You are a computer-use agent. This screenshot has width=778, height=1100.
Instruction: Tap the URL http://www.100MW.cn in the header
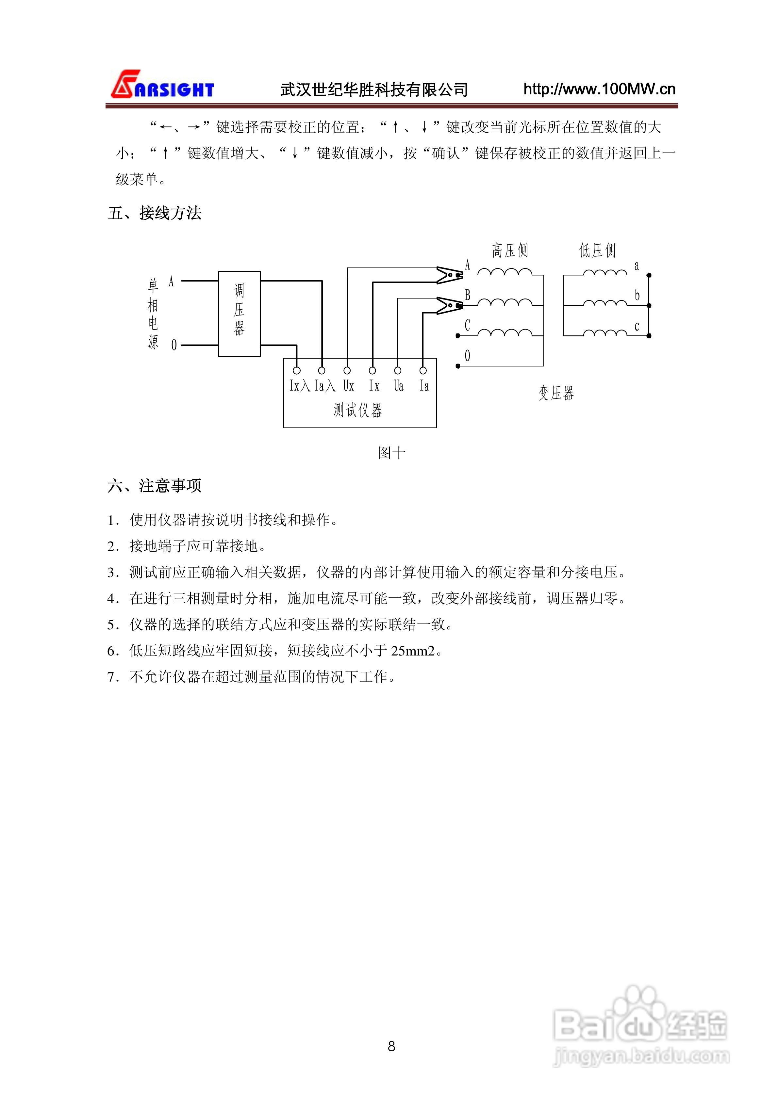click(599, 89)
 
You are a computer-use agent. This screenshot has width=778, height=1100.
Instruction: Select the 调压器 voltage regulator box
click(239, 314)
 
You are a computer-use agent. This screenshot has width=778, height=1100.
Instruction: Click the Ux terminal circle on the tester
click(347, 370)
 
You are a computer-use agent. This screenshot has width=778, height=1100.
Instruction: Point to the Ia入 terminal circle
click(322, 370)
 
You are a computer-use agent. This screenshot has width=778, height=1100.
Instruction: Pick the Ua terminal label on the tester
click(398, 386)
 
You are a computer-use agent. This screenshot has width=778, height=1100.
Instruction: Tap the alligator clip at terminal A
click(449, 275)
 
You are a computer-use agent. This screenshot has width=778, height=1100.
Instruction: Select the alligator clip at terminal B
click(449, 305)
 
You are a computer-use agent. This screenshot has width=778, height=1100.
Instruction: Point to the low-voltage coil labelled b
click(604, 303)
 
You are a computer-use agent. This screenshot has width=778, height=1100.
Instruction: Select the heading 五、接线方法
click(154, 213)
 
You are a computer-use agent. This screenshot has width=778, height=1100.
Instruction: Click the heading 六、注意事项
click(154, 486)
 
